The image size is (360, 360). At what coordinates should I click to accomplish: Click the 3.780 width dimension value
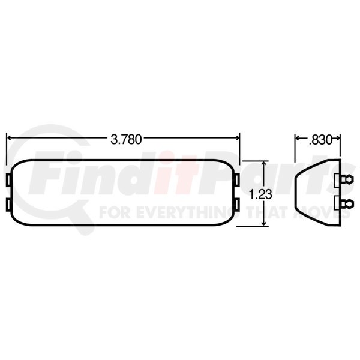tap(125, 139)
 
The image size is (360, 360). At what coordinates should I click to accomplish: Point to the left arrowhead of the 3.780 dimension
tap(9, 139)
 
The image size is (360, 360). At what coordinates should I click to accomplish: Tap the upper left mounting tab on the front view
tap(8, 181)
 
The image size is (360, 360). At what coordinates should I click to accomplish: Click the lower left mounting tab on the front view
tap(8, 206)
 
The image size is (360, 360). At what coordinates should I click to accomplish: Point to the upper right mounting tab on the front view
tap(239, 181)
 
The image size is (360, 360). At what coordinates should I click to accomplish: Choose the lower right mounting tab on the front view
tap(239, 206)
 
